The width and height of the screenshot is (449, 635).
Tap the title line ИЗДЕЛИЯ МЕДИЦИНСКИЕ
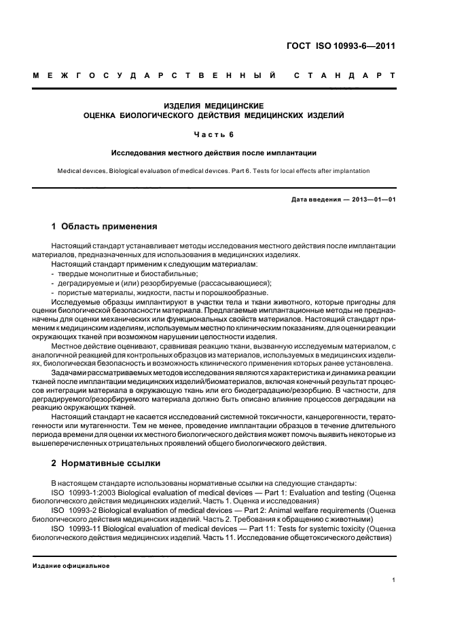(x=213, y=106)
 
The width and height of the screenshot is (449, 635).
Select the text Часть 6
(x=213, y=134)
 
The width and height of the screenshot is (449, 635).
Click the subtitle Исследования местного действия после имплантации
(x=213, y=153)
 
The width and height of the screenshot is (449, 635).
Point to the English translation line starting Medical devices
(x=213, y=171)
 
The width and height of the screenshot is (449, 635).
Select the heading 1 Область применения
(x=104, y=226)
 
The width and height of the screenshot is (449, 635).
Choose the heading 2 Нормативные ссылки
(x=106, y=463)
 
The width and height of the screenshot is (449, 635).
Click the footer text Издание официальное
(x=71, y=566)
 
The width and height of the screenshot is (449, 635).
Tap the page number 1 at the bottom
(x=393, y=580)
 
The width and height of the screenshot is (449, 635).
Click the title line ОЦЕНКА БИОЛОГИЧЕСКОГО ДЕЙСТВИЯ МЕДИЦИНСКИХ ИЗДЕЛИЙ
(x=213, y=115)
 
